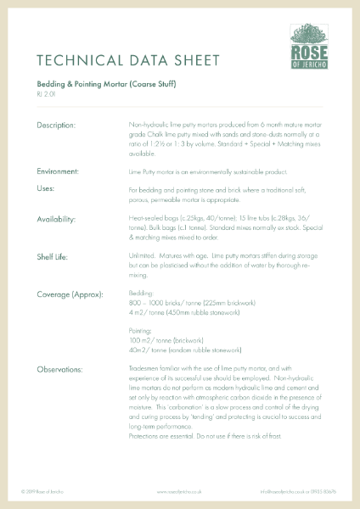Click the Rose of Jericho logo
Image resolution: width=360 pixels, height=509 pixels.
tap(311, 48)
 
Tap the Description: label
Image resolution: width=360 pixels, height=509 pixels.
tap(56, 126)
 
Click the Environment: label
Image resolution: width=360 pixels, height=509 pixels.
tap(59, 171)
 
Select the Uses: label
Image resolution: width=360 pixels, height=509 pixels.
tap(45, 187)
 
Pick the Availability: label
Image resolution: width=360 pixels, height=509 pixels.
tap(57, 219)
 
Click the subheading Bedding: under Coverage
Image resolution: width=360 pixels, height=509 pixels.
tap(141, 294)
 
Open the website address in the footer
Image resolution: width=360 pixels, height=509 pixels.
tap(178, 491)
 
